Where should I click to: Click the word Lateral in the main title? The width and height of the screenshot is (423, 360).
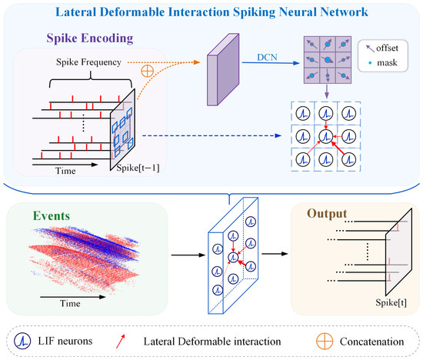pos(76,12)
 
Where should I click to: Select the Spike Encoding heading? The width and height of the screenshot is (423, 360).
pos(90,38)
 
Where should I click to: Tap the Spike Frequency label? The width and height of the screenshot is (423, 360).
pos(88,62)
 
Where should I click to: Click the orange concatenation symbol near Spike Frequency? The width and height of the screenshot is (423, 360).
pos(148,72)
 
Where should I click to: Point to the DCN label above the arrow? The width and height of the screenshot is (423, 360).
pos(267,57)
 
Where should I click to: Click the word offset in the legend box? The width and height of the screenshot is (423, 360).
pos(387,48)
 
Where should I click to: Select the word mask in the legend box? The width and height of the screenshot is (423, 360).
pos(387,63)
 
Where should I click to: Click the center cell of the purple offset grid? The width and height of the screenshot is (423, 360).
pos(328,60)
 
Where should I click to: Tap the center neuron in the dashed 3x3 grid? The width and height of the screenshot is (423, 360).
pos(326,136)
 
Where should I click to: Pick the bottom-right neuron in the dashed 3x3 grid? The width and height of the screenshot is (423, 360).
pos(349,159)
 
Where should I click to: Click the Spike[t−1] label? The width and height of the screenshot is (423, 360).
pos(138,168)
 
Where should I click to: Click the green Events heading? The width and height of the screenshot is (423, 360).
pos(52,216)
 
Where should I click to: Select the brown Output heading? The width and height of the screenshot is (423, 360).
pos(327,214)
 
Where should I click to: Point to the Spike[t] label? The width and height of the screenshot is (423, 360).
pos(391,303)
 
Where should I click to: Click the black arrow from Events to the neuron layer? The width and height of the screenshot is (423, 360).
pos(188,255)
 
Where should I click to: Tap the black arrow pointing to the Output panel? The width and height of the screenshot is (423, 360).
pos(275,254)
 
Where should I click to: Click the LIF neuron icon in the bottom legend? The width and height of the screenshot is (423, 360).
pos(22,341)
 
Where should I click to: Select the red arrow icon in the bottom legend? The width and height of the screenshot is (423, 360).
pos(121,341)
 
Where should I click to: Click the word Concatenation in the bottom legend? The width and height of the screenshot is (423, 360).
pos(371,342)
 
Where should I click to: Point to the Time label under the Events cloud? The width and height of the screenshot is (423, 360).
pos(70,304)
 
